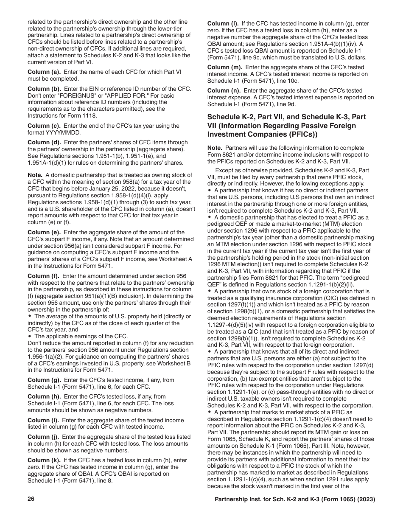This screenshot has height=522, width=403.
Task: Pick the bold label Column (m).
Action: point(224,67)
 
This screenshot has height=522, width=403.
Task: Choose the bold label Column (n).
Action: point(224,90)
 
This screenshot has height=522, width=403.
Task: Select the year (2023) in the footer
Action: point(366,500)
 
